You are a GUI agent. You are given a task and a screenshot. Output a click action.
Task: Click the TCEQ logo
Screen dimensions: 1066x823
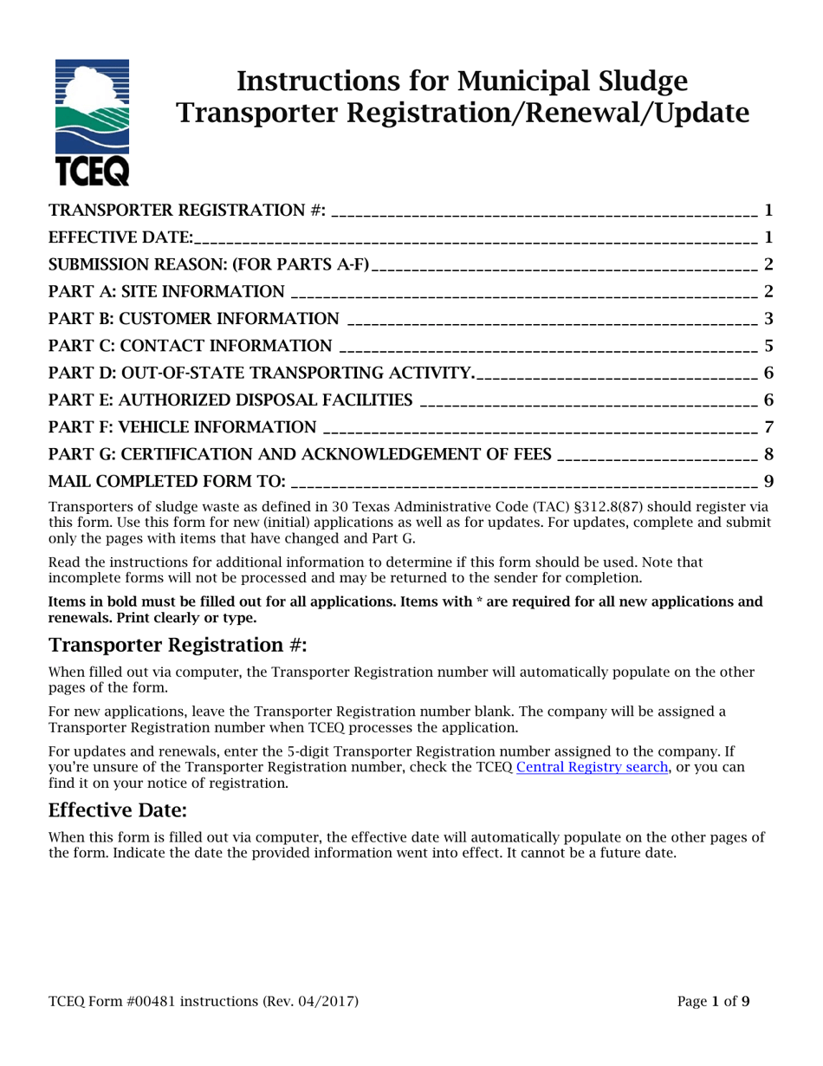pos(92,122)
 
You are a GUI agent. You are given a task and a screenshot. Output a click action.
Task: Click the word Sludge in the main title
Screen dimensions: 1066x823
pos(639,81)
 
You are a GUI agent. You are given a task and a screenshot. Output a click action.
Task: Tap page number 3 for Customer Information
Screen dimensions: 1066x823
pos(768,319)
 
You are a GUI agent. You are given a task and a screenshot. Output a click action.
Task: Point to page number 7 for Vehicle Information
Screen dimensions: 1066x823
pos(768,426)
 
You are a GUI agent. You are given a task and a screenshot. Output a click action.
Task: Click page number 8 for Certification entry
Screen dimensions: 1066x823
pos(768,453)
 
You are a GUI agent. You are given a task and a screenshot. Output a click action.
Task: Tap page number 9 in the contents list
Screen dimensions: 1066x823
pos(768,480)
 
